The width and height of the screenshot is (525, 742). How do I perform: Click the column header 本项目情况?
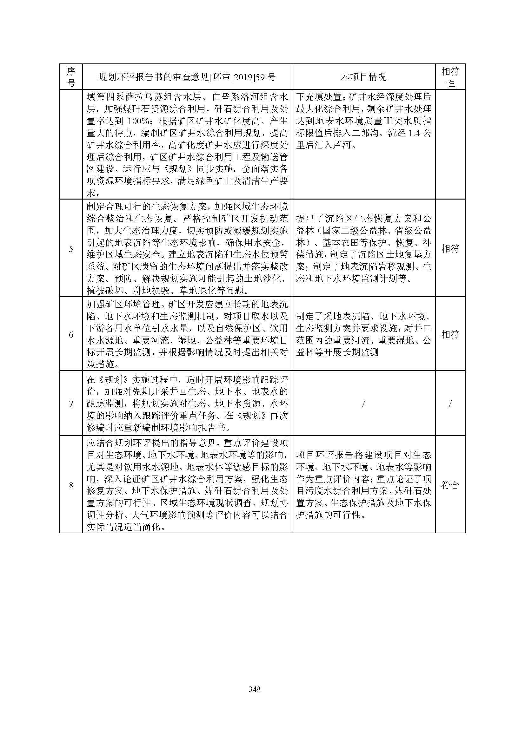pyautogui.click(x=363, y=77)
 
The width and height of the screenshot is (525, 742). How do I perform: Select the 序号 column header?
pyautogui.click(x=71, y=77)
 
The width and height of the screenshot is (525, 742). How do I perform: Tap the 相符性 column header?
pyautogui.click(x=450, y=77)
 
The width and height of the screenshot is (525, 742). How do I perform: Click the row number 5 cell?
pyautogui.click(x=71, y=248)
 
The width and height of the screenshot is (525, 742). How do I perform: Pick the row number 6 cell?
pyautogui.click(x=71, y=334)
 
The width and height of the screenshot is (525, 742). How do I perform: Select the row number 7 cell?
pyautogui.click(x=71, y=403)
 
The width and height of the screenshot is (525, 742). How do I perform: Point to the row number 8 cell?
pyautogui.click(x=71, y=485)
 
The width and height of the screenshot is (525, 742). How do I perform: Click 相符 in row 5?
pyautogui.click(x=450, y=248)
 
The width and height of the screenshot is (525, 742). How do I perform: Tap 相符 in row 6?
pyautogui.click(x=450, y=334)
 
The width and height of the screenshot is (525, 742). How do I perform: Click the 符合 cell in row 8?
pyautogui.click(x=450, y=485)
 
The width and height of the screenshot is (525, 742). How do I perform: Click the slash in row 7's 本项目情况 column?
pyautogui.click(x=364, y=403)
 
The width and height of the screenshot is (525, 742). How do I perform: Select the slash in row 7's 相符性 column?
pyautogui.click(x=450, y=403)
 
